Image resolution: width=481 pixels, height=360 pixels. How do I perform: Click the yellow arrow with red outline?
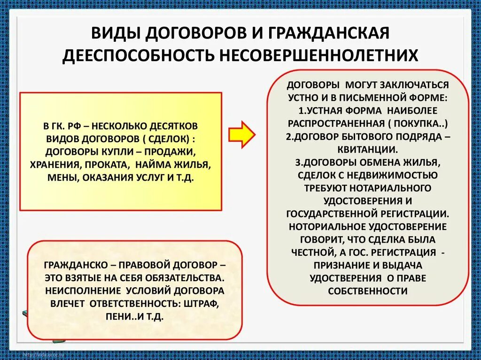[241, 134]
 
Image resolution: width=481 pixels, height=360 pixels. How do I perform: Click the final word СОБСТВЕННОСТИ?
[368, 291]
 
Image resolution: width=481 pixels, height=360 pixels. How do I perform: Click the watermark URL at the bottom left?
[41, 353]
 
